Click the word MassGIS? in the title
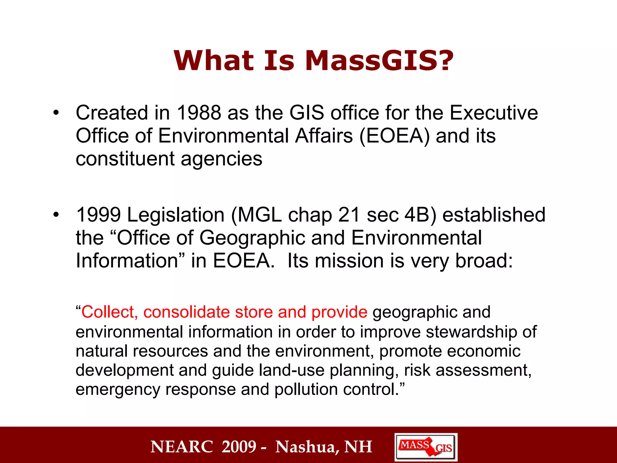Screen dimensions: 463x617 [379, 61]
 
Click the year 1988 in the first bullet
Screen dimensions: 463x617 [199, 113]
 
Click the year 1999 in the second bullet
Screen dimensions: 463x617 [99, 215]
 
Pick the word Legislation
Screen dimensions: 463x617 [176, 215]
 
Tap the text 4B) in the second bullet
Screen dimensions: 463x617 [420, 215]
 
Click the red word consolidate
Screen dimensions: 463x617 [186, 312]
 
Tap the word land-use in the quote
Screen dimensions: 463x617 [291, 370]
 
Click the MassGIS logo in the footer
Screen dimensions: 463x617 [426, 447]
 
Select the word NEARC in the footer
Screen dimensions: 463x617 [182, 447]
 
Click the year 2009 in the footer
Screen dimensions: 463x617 [239, 447]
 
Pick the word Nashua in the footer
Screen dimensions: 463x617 [307, 447]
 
